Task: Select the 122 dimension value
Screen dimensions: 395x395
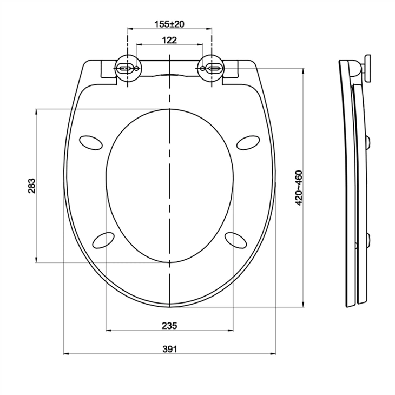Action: point(169,40)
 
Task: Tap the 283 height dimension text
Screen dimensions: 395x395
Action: point(32,186)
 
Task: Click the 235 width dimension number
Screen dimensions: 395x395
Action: point(169,325)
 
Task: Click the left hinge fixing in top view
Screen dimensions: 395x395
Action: point(128,68)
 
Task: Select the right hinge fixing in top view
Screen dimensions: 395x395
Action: point(212,68)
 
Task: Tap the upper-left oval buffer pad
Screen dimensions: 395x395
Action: point(90,141)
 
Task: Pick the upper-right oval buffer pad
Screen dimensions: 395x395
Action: point(249,141)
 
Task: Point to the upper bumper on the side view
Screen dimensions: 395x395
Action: point(369,142)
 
